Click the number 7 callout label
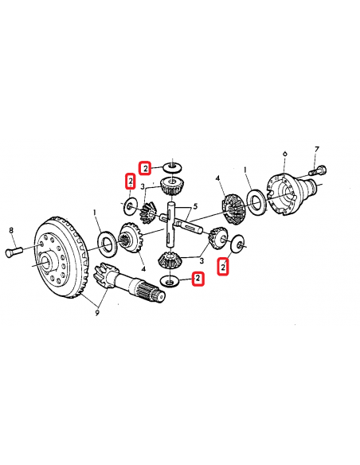(315, 149)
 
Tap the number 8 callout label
(12, 231)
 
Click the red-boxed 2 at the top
(145, 168)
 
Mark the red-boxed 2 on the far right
(224, 266)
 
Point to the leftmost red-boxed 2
(128, 182)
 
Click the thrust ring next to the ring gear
(105, 240)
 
